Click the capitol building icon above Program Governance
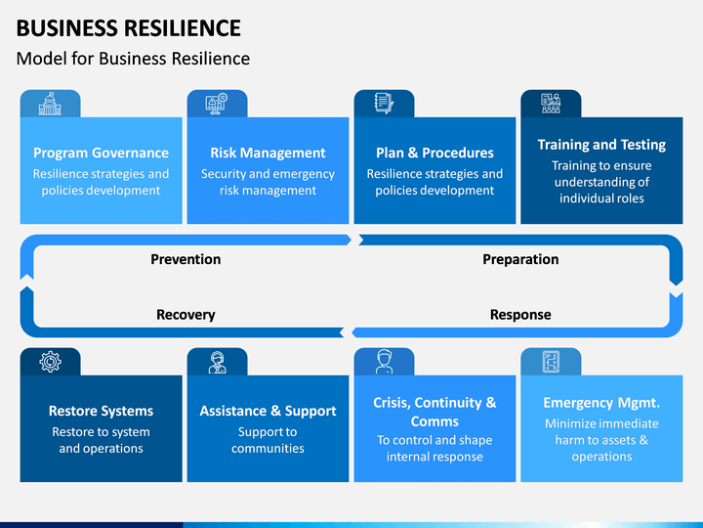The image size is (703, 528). tap(50, 104)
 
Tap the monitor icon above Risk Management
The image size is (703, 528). tap(217, 104)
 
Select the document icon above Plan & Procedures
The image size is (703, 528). tap(384, 104)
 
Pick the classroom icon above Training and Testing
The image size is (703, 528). tap(551, 104)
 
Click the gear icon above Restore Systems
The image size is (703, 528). tap(50, 362)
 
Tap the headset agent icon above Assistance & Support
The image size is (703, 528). tap(217, 362)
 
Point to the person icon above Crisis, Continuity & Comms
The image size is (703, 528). tap(385, 362)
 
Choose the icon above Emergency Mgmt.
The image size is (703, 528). tap(551, 362)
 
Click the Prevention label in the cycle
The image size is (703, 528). tap(186, 259)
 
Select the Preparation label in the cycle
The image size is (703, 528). tap(520, 259)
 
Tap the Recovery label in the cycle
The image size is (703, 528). tap(186, 315)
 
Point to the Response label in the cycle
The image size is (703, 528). tap(520, 315)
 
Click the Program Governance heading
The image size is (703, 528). tap(101, 154)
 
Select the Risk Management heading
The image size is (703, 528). tap(268, 154)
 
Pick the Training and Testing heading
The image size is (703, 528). tap(601, 145)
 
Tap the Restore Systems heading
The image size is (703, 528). tap(101, 411)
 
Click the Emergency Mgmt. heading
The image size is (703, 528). tap(601, 403)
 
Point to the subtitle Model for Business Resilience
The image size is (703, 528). tap(133, 59)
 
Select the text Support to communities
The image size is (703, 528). tap(268, 440)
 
